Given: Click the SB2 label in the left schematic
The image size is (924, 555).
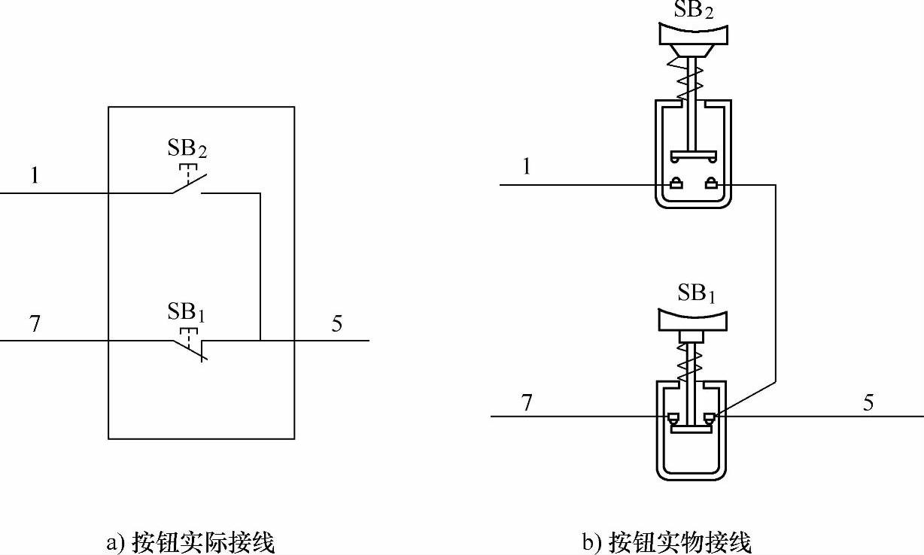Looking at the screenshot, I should [x=187, y=148].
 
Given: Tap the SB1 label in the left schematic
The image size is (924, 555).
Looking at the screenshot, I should [x=187, y=311].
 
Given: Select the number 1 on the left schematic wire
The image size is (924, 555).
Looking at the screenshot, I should [x=34, y=177].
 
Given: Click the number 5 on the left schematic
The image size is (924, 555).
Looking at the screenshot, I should [x=336, y=323].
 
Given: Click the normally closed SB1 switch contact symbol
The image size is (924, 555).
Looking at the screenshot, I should [x=190, y=346].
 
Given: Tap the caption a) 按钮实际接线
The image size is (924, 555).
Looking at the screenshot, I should [x=191, y=541].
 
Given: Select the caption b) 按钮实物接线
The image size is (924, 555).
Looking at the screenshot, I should [x=667, y=541].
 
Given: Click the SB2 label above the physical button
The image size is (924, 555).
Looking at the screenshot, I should [x=693, y=9].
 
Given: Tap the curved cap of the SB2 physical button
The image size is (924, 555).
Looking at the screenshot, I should [x=693, y=35].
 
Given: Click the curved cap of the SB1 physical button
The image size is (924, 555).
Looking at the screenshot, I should [x=693, y=318].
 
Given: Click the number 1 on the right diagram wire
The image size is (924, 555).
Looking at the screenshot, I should [x=526, y=167].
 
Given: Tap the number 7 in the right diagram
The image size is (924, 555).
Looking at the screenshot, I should [x=527, y=402].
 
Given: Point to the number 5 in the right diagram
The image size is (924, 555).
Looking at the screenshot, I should [x=868, y=402].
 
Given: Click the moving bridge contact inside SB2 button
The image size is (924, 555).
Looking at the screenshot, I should [x=693, y=156].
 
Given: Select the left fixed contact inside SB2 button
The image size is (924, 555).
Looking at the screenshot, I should [x=676, y=183].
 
